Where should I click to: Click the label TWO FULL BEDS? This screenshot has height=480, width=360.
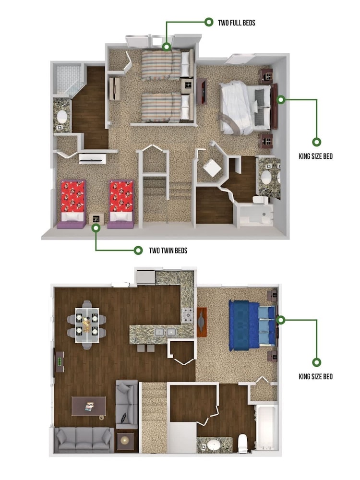point(236,23)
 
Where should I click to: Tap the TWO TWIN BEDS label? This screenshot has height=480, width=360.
point(168,251)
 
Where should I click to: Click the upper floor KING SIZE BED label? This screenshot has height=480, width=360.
point(315,156)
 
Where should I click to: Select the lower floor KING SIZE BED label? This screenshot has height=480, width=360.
point(315,376)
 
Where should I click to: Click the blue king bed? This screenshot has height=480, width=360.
point(252,325)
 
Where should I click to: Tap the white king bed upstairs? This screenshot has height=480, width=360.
point(245,108)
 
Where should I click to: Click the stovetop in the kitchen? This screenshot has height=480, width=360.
point(187,316)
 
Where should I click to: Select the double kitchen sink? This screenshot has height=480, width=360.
point(165,332)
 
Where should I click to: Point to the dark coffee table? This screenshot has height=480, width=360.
point(89,406)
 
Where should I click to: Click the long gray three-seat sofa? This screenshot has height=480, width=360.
point(84,440)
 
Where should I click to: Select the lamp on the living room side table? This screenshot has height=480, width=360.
point(125,440)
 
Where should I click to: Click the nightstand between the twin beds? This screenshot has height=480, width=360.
point(96,219)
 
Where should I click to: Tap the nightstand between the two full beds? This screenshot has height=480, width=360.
point(187,85)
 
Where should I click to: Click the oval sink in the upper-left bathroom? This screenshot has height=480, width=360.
point(62,117)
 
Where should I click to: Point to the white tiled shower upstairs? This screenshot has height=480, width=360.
point(68,79)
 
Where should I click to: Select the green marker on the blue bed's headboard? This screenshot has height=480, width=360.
point(281,320)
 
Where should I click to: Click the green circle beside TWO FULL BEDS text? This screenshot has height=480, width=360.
point(209,22)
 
